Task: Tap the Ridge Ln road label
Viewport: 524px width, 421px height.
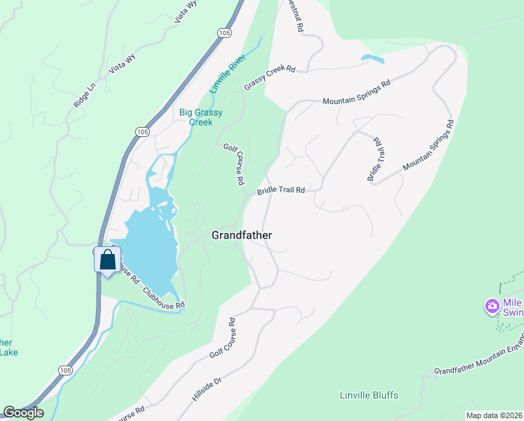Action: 83,95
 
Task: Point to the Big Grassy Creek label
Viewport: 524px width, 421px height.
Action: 195,116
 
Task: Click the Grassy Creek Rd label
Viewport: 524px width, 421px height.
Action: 270,78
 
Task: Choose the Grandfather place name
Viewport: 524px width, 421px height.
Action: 242,236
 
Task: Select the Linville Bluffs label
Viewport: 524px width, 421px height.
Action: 369,395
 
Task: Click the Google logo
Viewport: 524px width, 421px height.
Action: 23,413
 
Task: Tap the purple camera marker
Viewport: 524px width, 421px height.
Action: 492,306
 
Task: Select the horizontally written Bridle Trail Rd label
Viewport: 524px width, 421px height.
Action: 281,190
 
